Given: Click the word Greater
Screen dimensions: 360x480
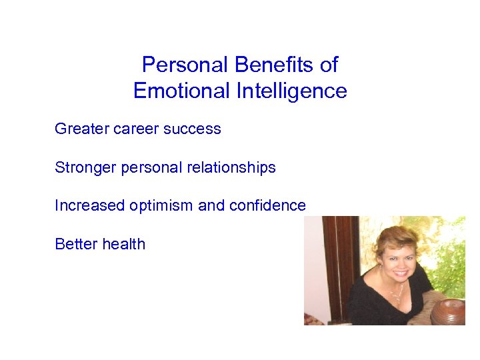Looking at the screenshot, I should coord(81,129).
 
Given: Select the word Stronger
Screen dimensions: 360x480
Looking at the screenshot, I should coord(85,167).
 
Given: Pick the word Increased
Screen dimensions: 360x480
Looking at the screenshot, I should coord(89,206).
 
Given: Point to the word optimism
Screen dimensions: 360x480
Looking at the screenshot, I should coord(161,206).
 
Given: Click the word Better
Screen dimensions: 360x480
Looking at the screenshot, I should coord(75,244).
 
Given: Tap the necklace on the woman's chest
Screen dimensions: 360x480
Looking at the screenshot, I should coord(395,294).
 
